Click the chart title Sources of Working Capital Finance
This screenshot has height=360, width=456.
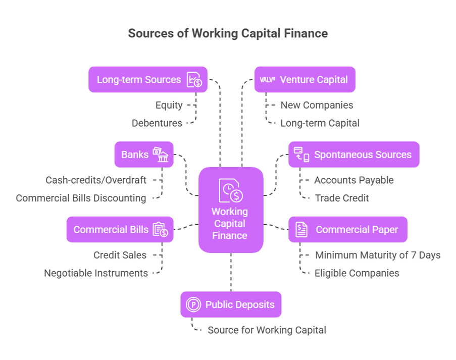[228, 33]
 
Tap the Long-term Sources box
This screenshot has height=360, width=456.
[147, 80]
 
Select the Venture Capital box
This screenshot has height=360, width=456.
[305, 80]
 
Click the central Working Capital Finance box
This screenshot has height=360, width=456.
[230, 210]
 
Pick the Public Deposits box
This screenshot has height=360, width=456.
[231, 304]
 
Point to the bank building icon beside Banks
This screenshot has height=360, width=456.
[161, 155]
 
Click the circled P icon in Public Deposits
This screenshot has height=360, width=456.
[194, 304]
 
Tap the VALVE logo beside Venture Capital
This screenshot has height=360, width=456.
[267, 80]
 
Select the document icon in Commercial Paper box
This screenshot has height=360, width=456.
[301, 229]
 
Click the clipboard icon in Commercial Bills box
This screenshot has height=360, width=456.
[160, 229]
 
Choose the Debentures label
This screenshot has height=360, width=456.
[157, 123]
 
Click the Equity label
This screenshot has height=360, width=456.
[169, 105]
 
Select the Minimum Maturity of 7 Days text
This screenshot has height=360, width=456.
[378, 255]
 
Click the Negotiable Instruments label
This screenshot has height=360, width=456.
[96, 273]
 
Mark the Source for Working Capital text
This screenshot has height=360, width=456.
[267, 330]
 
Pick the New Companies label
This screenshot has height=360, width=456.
[317, 105]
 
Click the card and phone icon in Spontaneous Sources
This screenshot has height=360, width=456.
[301, 154]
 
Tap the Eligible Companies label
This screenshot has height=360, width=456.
[357, 273]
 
